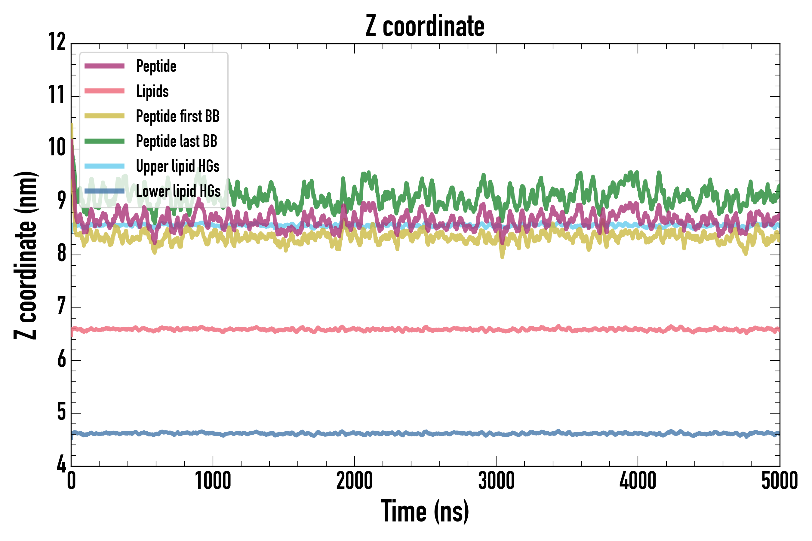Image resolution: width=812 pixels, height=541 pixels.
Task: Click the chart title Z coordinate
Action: tap(425, 26)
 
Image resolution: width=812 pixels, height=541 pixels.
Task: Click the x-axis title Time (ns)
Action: tap(425, 511)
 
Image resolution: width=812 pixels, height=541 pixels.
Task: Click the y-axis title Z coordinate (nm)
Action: tap(25, 255)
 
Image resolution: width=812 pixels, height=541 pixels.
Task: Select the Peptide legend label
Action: tap(156, 66)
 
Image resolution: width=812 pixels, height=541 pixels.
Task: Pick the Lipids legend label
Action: tap(152, 91)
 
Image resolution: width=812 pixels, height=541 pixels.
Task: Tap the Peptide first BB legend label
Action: tap(177, 116)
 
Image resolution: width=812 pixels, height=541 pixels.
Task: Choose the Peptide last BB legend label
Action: tap(177, 141)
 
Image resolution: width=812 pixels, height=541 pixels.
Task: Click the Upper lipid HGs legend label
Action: tap(177, 166)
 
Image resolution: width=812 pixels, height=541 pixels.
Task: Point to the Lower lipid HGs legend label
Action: tap(178, 191)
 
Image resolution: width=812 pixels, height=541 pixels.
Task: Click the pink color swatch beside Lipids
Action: tap(104, 91)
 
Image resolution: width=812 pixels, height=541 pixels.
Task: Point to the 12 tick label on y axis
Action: tap(57, 42)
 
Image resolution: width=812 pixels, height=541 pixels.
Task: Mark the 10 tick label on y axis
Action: tap(57, 148)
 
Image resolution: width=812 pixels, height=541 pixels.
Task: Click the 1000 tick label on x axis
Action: tap(213, 481)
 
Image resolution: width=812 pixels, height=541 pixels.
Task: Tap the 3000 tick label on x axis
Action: tap(496, 481)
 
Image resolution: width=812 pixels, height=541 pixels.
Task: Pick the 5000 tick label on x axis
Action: tap(779, 481)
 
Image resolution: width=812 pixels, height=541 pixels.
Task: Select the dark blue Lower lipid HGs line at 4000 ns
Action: tap(638, 433)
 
